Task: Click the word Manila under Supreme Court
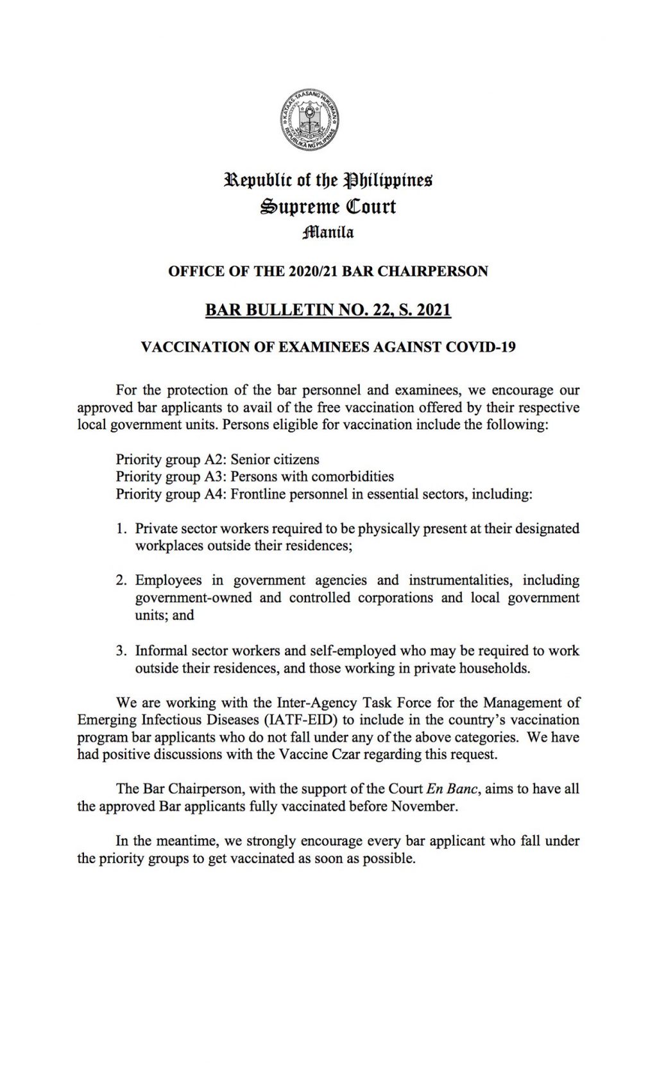tap(328, 232)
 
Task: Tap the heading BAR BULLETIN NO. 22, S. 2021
tap(328, 311)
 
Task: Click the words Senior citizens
tap(275, 459)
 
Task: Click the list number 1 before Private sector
tap(120, 529)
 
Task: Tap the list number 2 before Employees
tap(120, 581)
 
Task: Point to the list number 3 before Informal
tap(120, 651)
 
